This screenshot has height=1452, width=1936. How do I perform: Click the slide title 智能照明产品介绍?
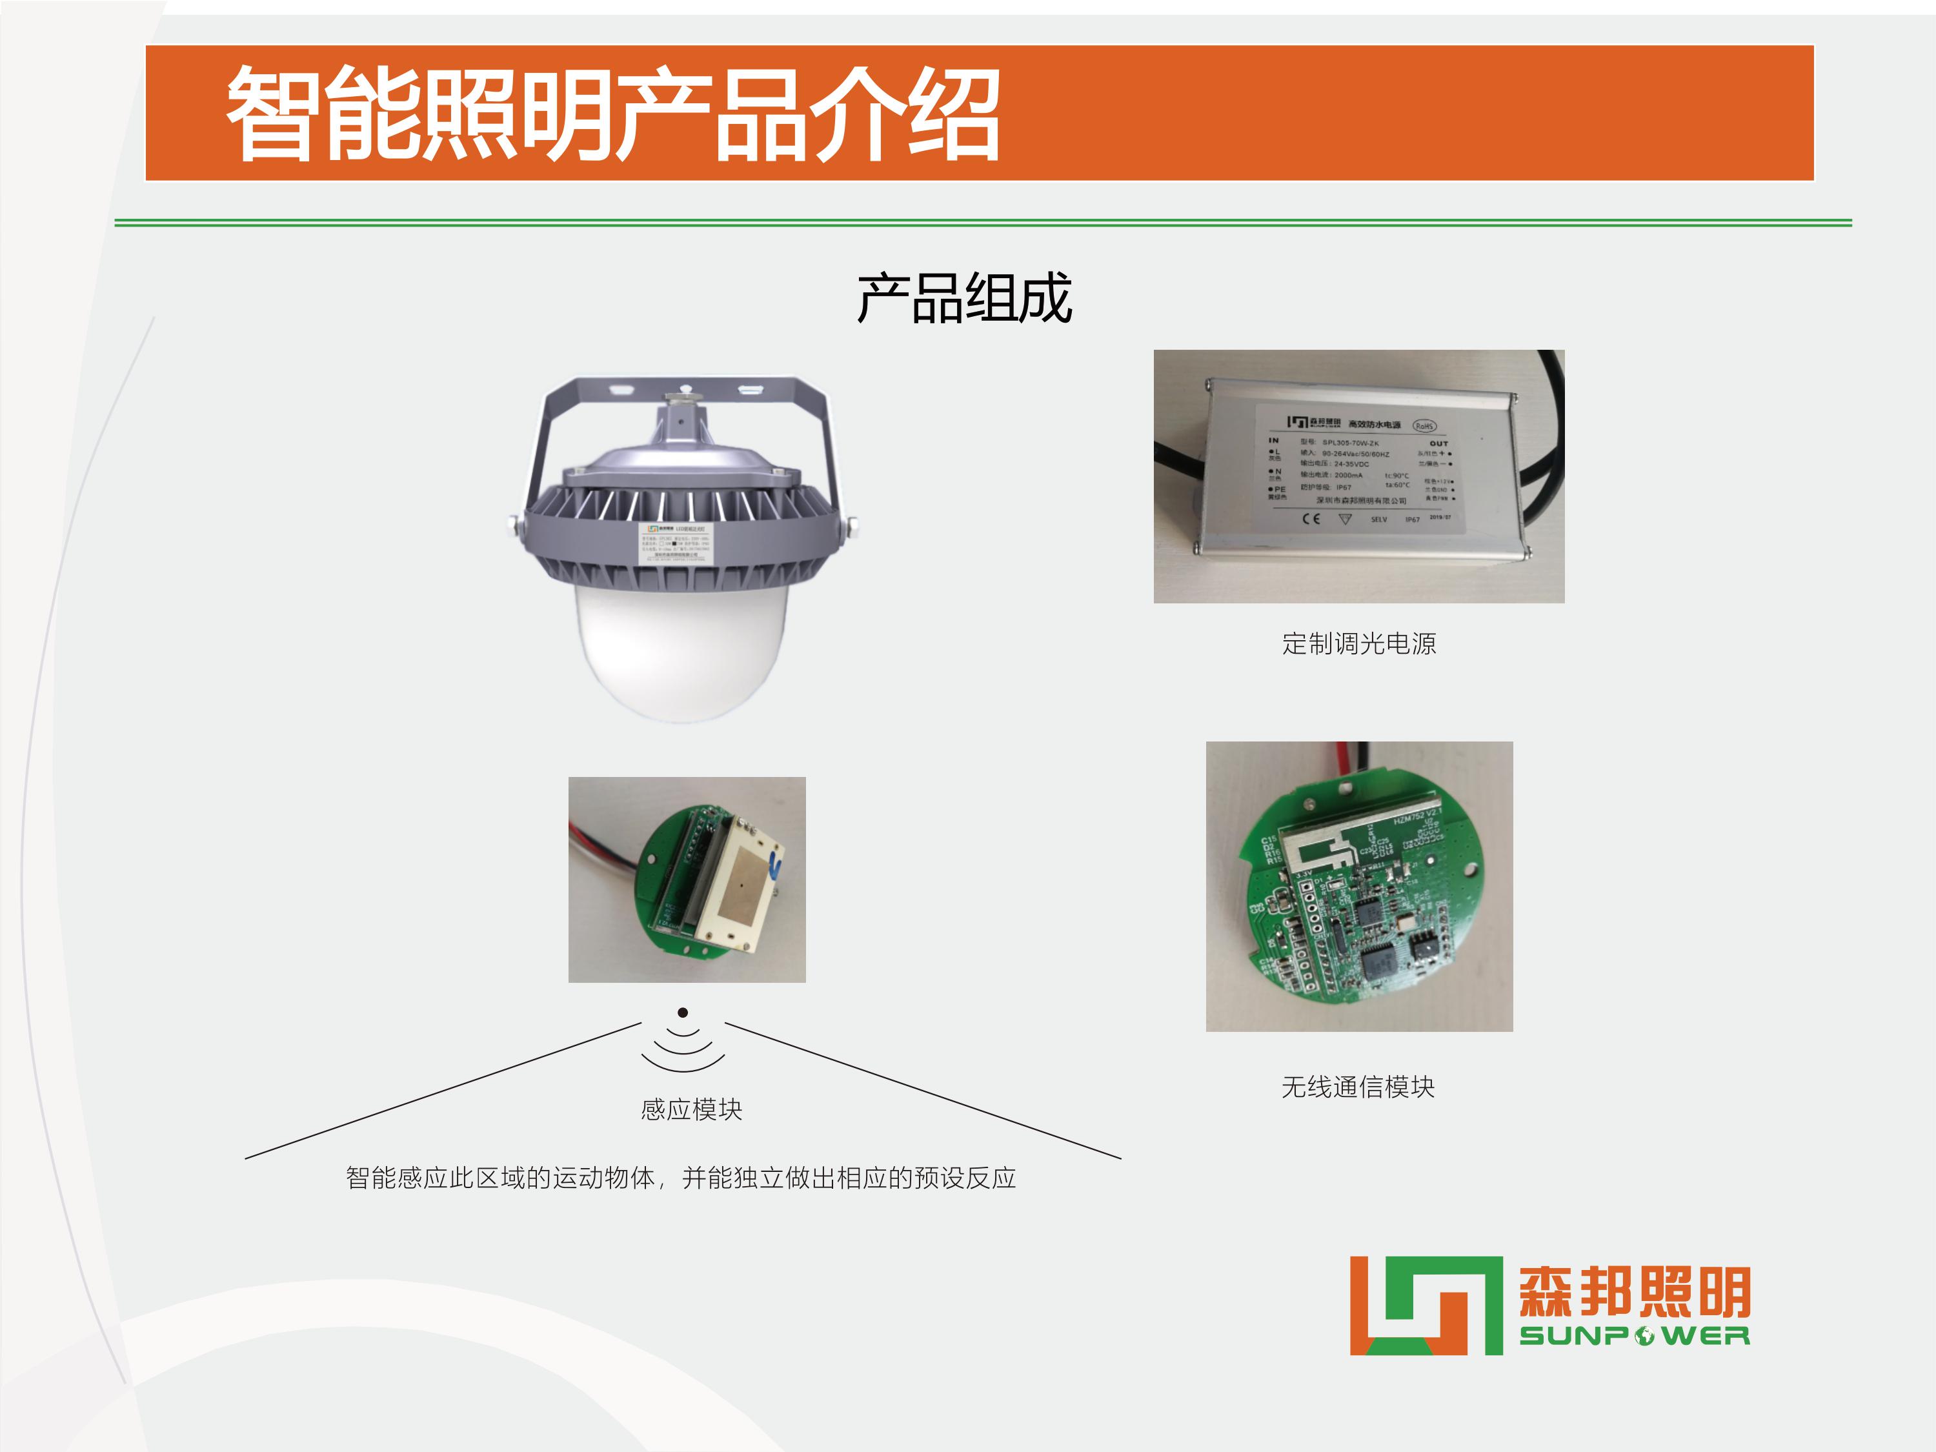click(x=612, y=114)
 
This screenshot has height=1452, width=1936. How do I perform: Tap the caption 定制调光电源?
click(x=1358, y=644)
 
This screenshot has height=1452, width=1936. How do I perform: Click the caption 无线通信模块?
click(x=1358, y=1087)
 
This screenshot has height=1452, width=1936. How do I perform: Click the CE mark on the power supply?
click(x=1310, y=519)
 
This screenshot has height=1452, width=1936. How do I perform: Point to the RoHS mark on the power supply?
click(x=1424, y=425)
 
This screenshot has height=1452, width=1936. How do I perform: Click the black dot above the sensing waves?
click(x=683, y=1013)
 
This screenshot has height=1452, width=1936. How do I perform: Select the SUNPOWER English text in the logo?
click(x=1634, y=1336)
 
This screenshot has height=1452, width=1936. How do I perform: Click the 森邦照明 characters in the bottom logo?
click(x=1634, y=1292)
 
